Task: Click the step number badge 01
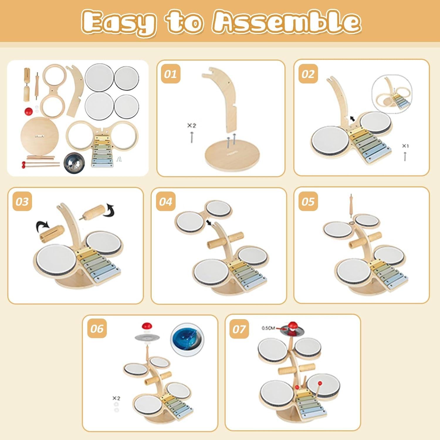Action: [x=170, y=74]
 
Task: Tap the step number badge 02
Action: [x=308, y=74]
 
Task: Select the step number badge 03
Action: [x=22, y=202]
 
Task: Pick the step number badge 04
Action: [x=165, y=202]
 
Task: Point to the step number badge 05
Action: [x=308, y=202]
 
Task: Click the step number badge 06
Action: [x=97, y=329]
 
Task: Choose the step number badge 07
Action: [x=239, y=329]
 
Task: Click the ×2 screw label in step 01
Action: [x=192, y=126]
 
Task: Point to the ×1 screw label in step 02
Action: [x=405, y=146]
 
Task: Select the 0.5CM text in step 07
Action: [x=268, y=328]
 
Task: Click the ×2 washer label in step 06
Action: [x=116, y=398]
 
